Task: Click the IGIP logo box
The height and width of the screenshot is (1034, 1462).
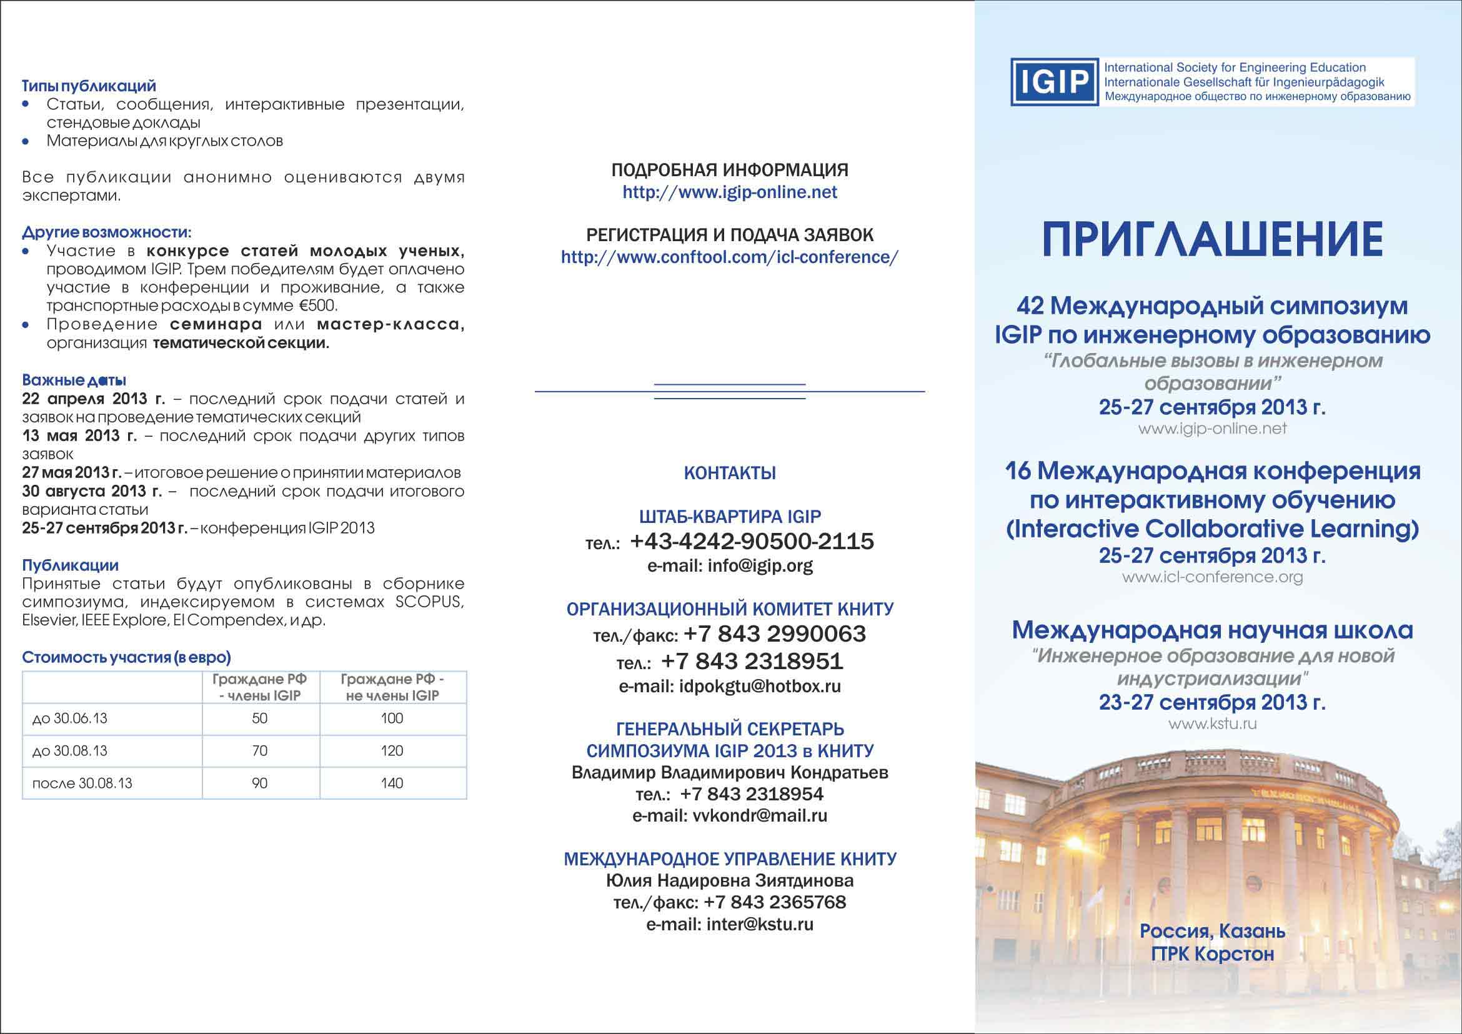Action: pyautogui.click(x=1055, y=82)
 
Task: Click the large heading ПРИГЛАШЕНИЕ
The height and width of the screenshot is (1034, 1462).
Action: pyautogui.click(x=1212, y=239)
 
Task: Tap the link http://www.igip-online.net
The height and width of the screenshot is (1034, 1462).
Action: pyautogui.click(x=730, y=192)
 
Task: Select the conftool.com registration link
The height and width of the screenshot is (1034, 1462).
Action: pyautogui.click(x=730, y=257)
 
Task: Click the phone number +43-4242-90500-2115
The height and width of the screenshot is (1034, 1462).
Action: pyautogui.click(x=752, y=541)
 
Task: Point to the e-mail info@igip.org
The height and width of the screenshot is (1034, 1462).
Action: pyautogui.click(x=730, y=565)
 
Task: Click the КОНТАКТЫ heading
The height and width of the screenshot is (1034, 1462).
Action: pyautogui.click(x=730, y=473)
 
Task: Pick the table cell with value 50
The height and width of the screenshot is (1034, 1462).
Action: pyautogui.click(x=260, y=718)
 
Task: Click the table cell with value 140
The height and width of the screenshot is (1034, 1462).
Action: pyautogui.click(x=392, y=783)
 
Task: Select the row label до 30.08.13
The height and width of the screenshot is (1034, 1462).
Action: pyautogui.click(x=70, y=751)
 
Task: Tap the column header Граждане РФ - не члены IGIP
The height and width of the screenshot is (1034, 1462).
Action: pyautogui.click(x=392, y=688)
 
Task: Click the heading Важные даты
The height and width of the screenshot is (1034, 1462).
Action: pyautogui.click(x=74, y=380)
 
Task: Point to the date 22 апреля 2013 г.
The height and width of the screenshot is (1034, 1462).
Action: pyautogui.click(x=93, y=399)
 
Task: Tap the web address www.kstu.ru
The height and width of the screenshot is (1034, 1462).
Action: pyautogui.click(x=1212, y=724)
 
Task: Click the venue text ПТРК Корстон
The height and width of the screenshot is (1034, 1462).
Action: pyautogui.click(x=1212, y=954)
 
